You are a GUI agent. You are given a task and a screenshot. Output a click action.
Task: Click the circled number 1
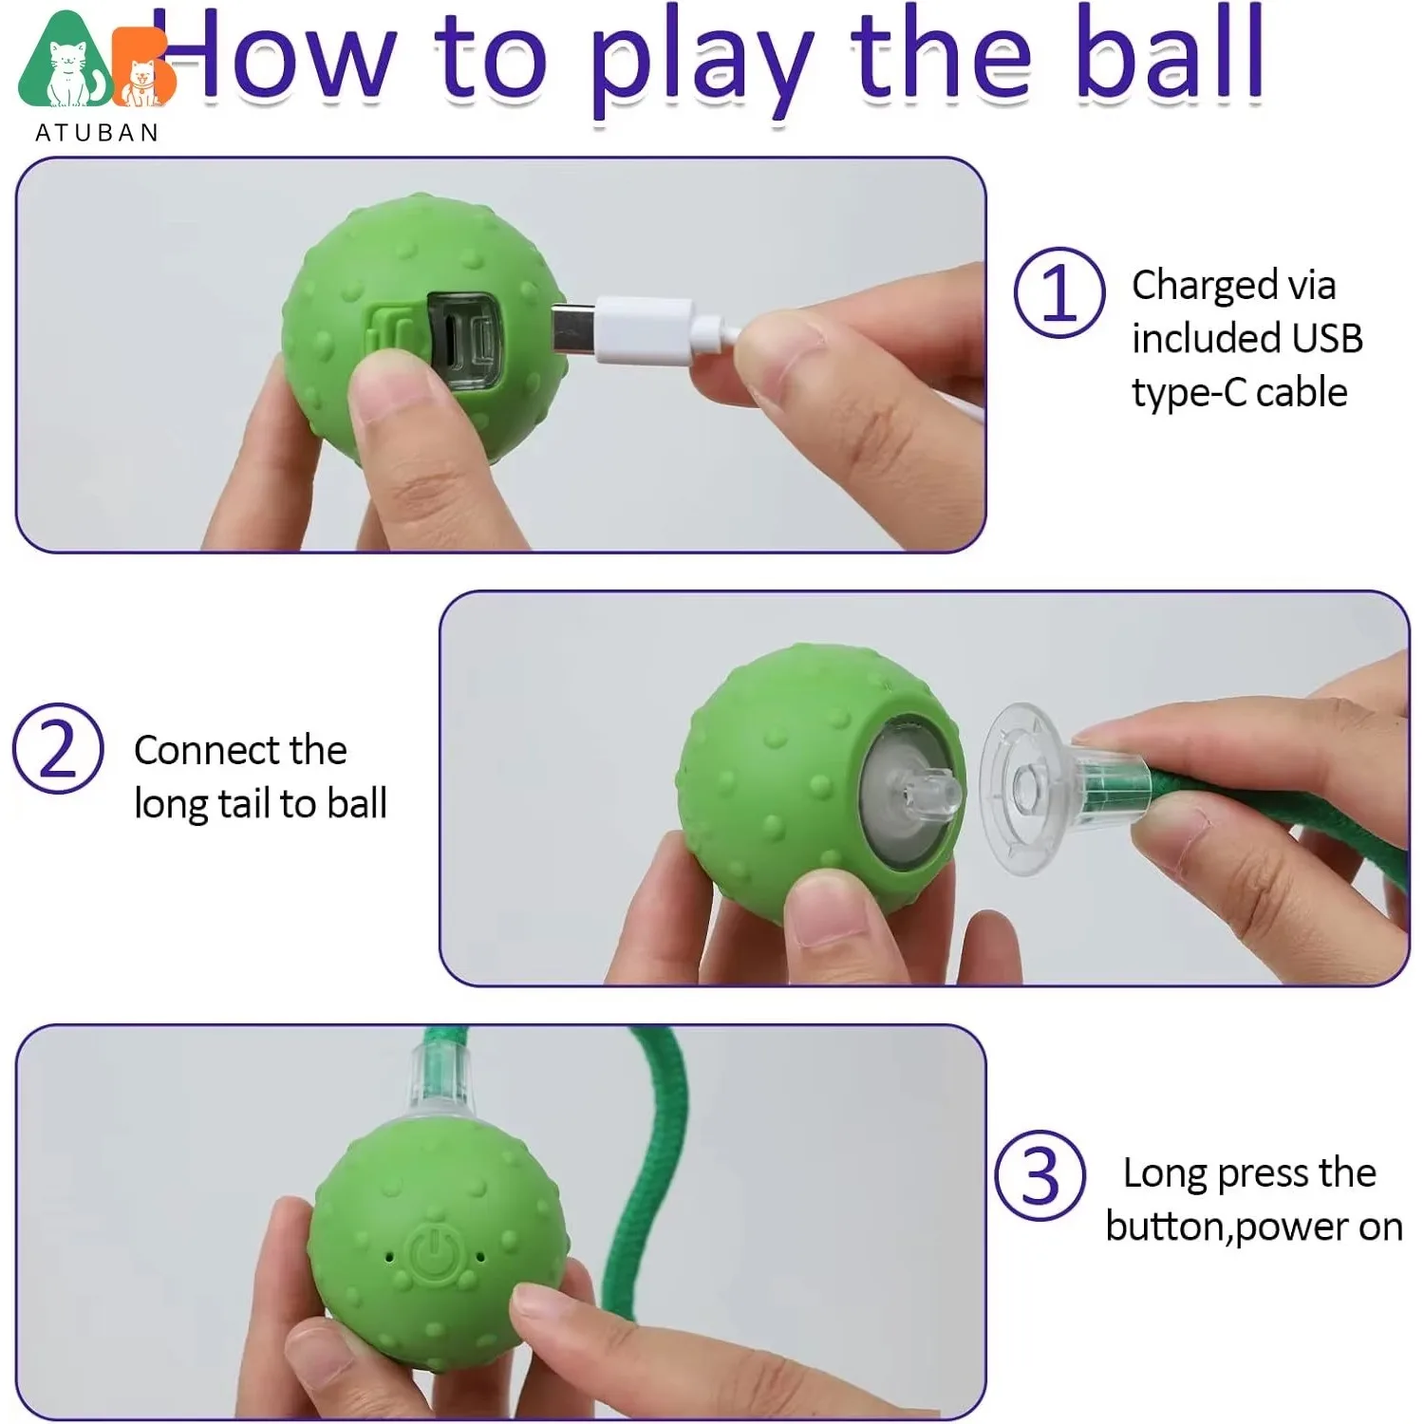tap(1059, 292)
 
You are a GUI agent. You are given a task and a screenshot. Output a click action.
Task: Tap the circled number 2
tap(58, 749)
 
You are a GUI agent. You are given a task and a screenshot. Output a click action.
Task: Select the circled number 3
tap(1040, 1175)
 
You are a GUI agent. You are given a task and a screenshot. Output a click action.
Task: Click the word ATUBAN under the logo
tap(97, 133)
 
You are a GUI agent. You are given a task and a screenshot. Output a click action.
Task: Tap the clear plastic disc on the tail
tap(1021, 788)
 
